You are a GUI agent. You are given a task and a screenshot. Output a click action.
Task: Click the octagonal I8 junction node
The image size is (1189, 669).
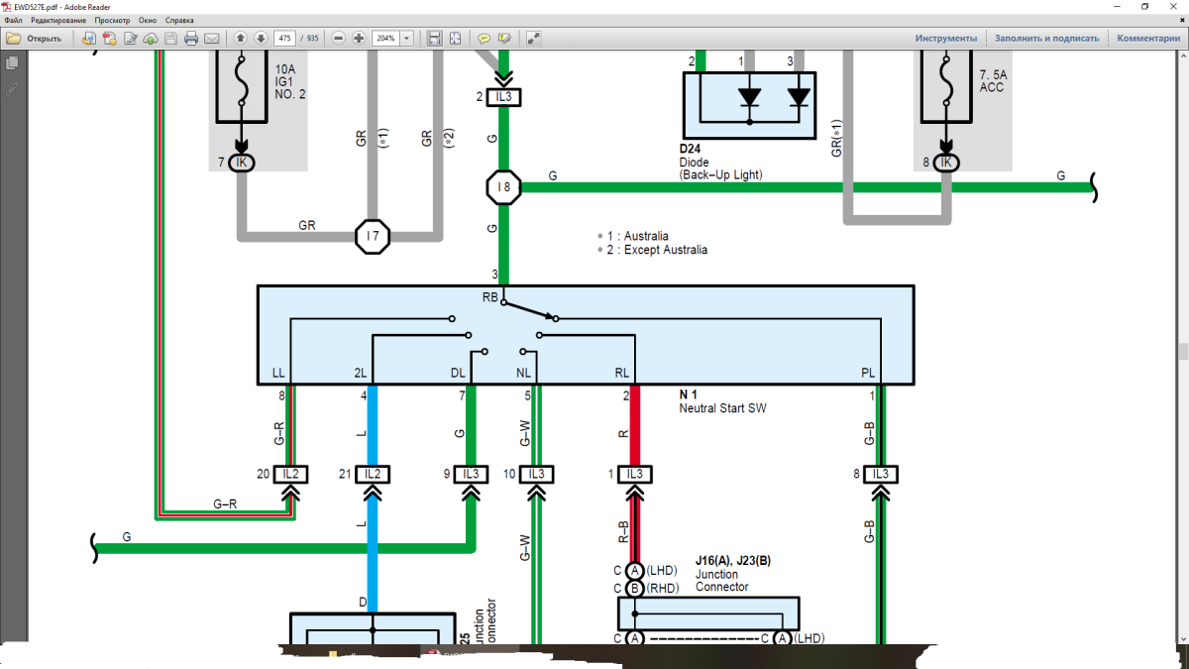pos(503,186)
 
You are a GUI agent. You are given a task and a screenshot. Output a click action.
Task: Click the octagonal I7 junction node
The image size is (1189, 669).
pos(373,237)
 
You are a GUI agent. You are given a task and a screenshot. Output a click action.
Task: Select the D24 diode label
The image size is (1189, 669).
pos(691,149)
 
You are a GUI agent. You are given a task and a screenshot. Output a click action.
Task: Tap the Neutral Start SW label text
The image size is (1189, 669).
pos(722,408)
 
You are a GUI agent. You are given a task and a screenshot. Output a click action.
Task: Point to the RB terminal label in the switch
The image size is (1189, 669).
pos(490,297)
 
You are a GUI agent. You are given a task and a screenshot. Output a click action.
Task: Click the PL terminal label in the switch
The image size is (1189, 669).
pos(868,374)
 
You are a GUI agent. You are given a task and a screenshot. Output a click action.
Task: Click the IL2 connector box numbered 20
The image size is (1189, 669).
pos(291,474)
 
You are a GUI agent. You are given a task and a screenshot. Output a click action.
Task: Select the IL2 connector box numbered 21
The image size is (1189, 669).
pos(373,474)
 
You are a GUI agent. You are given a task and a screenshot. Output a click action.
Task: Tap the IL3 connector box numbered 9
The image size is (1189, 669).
pos(472,474)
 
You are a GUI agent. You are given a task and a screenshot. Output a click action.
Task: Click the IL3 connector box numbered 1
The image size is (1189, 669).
pos(634,474)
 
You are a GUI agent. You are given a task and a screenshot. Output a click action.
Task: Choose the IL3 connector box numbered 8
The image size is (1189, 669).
pos(879,474)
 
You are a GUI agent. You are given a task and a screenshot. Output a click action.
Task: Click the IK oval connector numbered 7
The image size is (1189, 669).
pos(241,163)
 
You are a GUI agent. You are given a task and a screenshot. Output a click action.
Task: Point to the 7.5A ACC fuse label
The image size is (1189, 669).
pos(992,81)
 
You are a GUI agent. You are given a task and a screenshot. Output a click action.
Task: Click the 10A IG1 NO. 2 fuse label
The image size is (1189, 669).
pos(290,81)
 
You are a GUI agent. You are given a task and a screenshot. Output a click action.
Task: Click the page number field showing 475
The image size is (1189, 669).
pos(285,38)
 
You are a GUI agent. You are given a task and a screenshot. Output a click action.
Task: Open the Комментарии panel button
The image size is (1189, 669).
pos(1148,38)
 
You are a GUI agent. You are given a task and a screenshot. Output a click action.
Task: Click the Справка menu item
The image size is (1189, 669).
pos(179,20)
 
